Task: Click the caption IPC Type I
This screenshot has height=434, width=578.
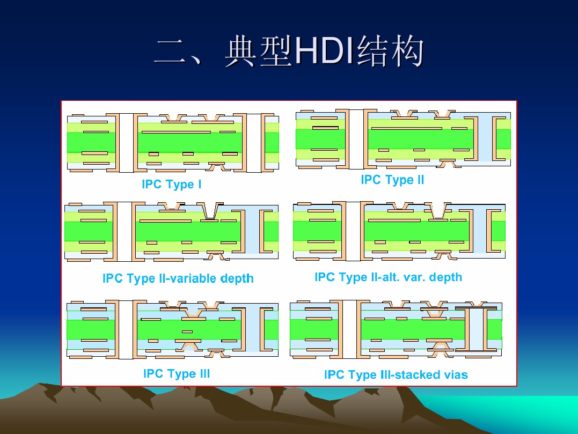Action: [171, 184]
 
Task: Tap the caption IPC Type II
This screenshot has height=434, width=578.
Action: [392, 180]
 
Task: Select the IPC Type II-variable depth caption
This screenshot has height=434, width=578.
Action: [178, 278]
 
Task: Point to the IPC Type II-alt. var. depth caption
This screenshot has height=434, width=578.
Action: [388, 277]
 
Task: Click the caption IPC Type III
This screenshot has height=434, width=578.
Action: [177, 373]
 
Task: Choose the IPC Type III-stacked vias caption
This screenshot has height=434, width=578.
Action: [396, 374]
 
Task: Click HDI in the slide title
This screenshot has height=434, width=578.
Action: [324, 51]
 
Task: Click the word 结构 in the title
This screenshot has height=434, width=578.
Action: [390, 51]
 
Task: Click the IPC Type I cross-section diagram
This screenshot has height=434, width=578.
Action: [173, 143]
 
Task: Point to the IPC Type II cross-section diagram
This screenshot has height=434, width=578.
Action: [403, 138]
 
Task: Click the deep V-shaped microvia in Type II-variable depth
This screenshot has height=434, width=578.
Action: [210, 211]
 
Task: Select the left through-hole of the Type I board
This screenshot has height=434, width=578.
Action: [127, 143]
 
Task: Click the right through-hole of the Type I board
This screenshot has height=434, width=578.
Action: [254, 143]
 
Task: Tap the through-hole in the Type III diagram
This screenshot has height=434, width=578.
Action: [126, 330]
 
